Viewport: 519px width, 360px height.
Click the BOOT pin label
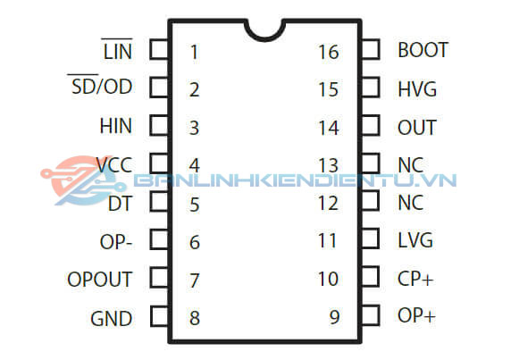click(423, 50)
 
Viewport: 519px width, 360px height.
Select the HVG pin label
click(418, 88)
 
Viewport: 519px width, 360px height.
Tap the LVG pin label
click(415, 240)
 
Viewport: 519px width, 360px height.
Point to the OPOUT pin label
click(99, 280)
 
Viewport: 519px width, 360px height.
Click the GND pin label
click(111, 318)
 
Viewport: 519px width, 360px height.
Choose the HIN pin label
click(115, 127)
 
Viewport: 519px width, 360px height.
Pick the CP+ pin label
click(415, 279)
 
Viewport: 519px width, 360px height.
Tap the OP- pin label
click(116, 241)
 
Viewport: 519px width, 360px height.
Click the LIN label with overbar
click(117, 51)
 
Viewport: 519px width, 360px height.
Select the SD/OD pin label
click(100, 88)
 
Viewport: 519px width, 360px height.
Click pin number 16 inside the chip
click(328, 52)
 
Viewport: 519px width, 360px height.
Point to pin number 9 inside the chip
click(334, 317)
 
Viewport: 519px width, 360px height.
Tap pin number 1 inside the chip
click(194, 51)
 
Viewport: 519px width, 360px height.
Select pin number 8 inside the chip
click(194, 318)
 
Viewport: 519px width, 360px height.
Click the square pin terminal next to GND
click(158, 316)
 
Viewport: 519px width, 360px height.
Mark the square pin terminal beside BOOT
click(369, 49)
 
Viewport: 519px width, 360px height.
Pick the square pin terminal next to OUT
click(369, 126)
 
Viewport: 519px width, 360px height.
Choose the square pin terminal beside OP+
click(369, 315)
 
